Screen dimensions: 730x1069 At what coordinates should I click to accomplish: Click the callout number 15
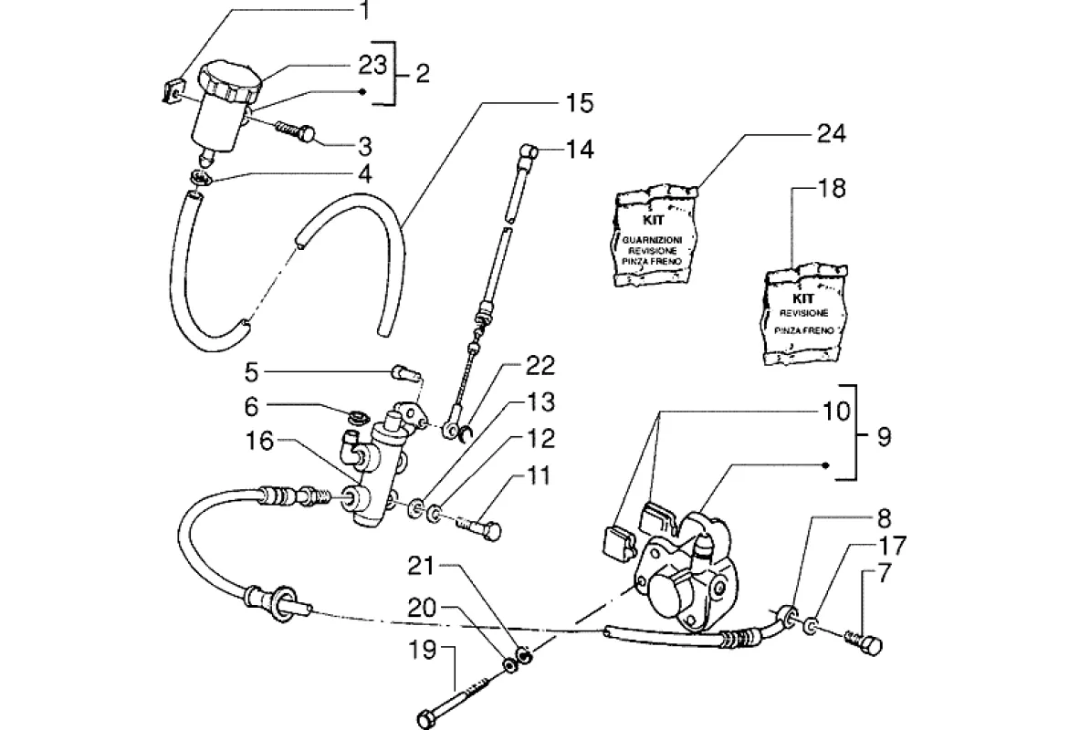click(x=578, y=103)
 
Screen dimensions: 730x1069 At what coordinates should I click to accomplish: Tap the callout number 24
click(x=831, y=134)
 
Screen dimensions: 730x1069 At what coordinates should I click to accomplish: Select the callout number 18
click(x=832, y=189)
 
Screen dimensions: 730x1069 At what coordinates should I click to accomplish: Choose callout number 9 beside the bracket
click(x=884, y=437)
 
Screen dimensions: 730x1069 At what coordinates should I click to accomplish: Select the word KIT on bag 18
click(x=803, y=297)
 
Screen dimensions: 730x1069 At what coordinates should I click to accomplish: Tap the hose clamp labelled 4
click(x=203, y=174)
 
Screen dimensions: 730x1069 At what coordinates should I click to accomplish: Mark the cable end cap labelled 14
click(x=530, y=151)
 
